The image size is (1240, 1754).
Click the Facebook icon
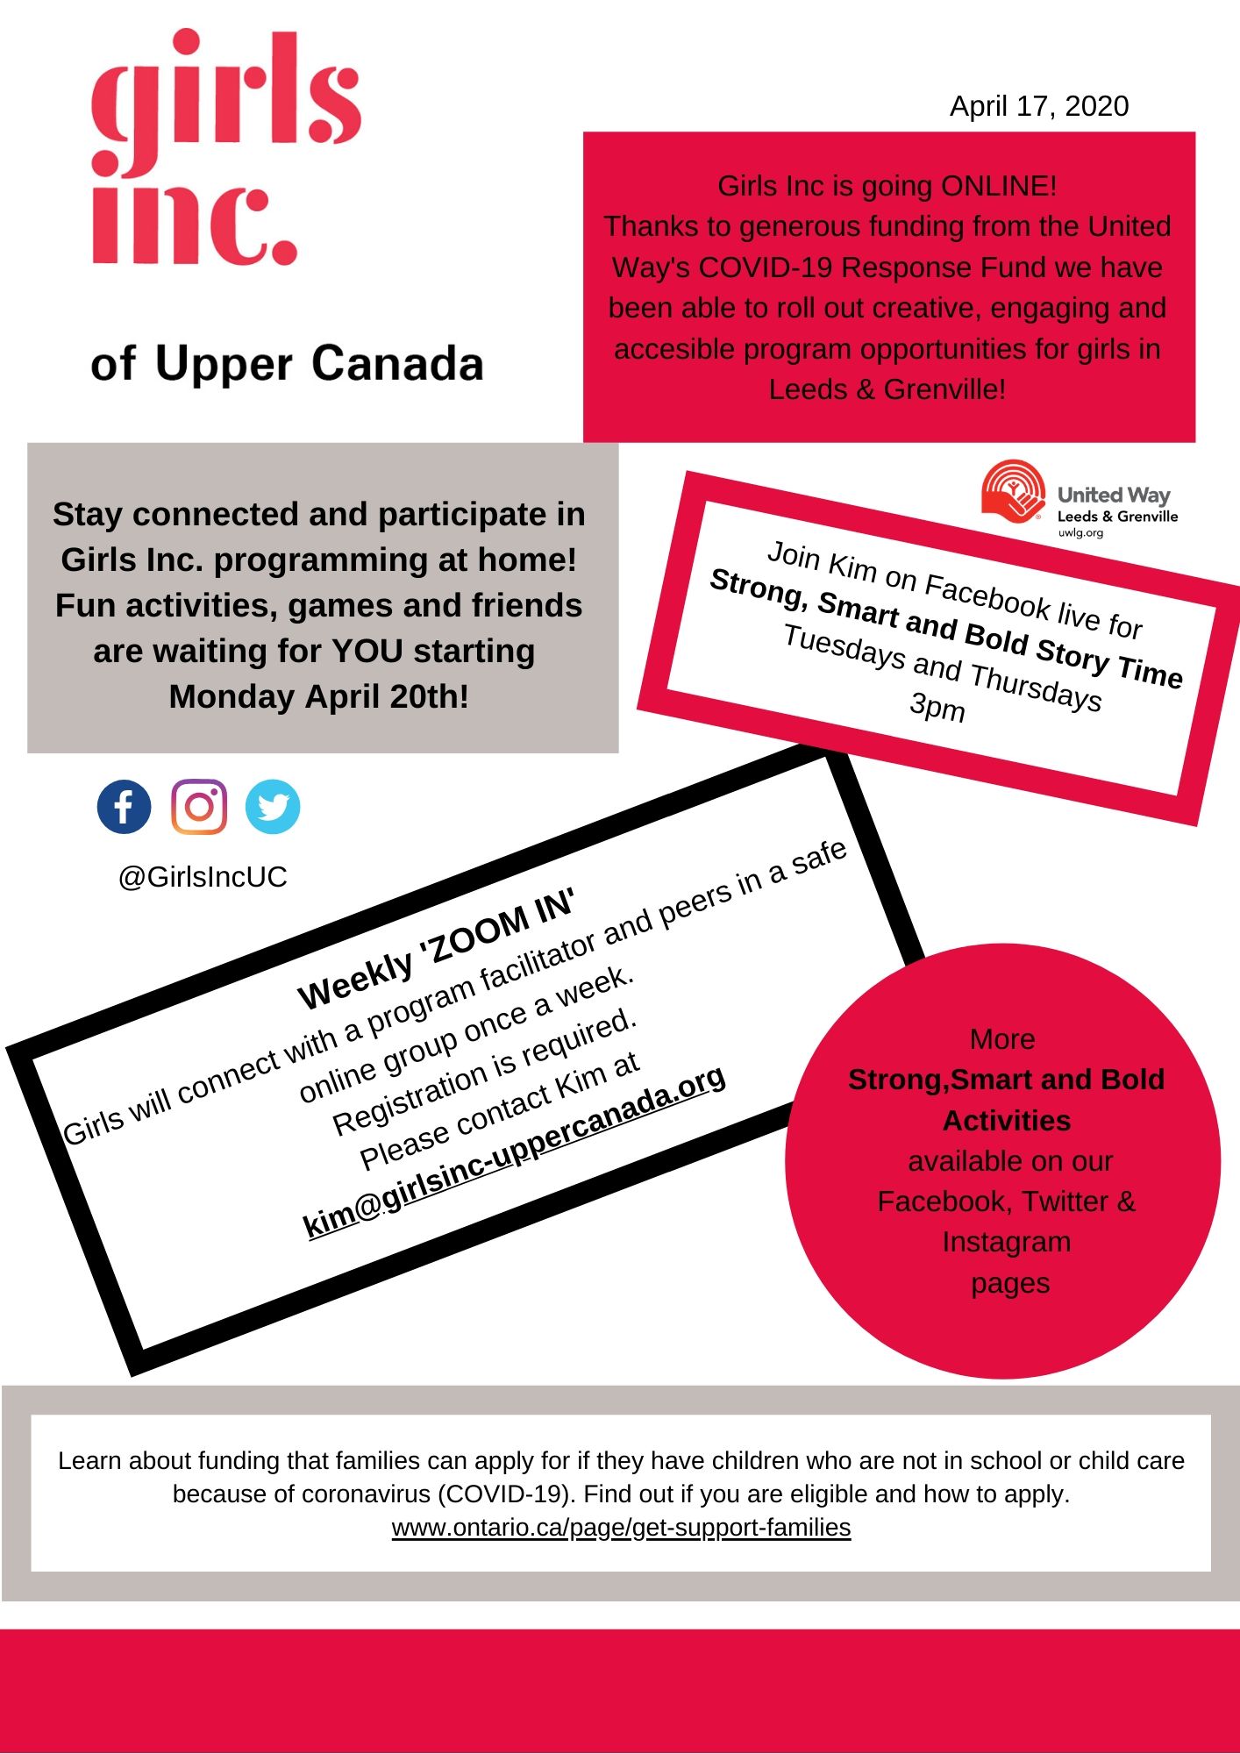pos(124,807)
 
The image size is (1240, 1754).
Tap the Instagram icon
pos(199,807)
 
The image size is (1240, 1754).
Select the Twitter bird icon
pos(273,807)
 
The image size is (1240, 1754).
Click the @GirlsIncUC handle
pos(203,877)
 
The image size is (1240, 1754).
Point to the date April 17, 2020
pos(1039,106)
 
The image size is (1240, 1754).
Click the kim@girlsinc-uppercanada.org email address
pos(514,1151)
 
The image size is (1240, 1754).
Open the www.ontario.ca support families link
pos(621,1528)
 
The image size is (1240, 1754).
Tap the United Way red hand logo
pos(1013,491)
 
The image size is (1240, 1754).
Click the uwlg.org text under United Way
pos(1080,533)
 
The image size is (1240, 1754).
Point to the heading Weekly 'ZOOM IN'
pos(436,949)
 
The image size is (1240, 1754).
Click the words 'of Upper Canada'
pos(287,363)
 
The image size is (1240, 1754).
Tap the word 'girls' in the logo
pos(226,96)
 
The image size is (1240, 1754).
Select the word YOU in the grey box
pos(368,652)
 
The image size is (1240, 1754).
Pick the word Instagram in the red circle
pos(1007,1242)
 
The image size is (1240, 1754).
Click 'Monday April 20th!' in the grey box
pos(318,697)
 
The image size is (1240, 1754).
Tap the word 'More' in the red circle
pos(1002,1039)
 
